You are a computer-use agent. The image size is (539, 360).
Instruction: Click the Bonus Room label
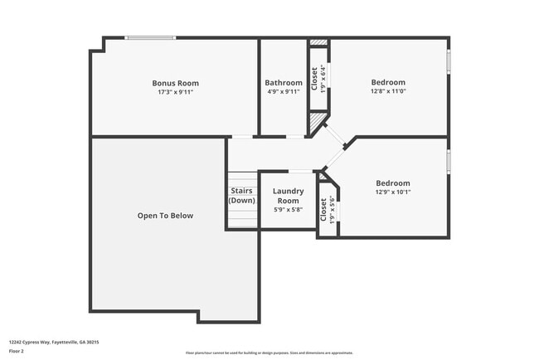pos(175,83)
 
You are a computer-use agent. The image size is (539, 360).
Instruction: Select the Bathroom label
pos(284,83)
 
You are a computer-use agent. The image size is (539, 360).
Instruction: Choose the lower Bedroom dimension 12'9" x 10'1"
pos(392,192)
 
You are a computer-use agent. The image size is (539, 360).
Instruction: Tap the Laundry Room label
pos(287,195)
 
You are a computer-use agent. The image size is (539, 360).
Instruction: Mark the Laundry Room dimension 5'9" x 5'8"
pos(287,210)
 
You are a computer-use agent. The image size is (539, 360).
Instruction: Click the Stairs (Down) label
pos(241,196)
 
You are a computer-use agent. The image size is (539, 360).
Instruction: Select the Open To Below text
pos(165,216)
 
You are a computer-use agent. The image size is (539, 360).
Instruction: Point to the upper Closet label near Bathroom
pos(314,78)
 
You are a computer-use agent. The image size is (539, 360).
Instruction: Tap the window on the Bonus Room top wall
pos(150,37)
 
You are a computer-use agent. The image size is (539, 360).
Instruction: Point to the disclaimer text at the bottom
pos(269,353)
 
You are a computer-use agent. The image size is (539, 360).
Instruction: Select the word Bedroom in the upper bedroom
pos(388,82)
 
